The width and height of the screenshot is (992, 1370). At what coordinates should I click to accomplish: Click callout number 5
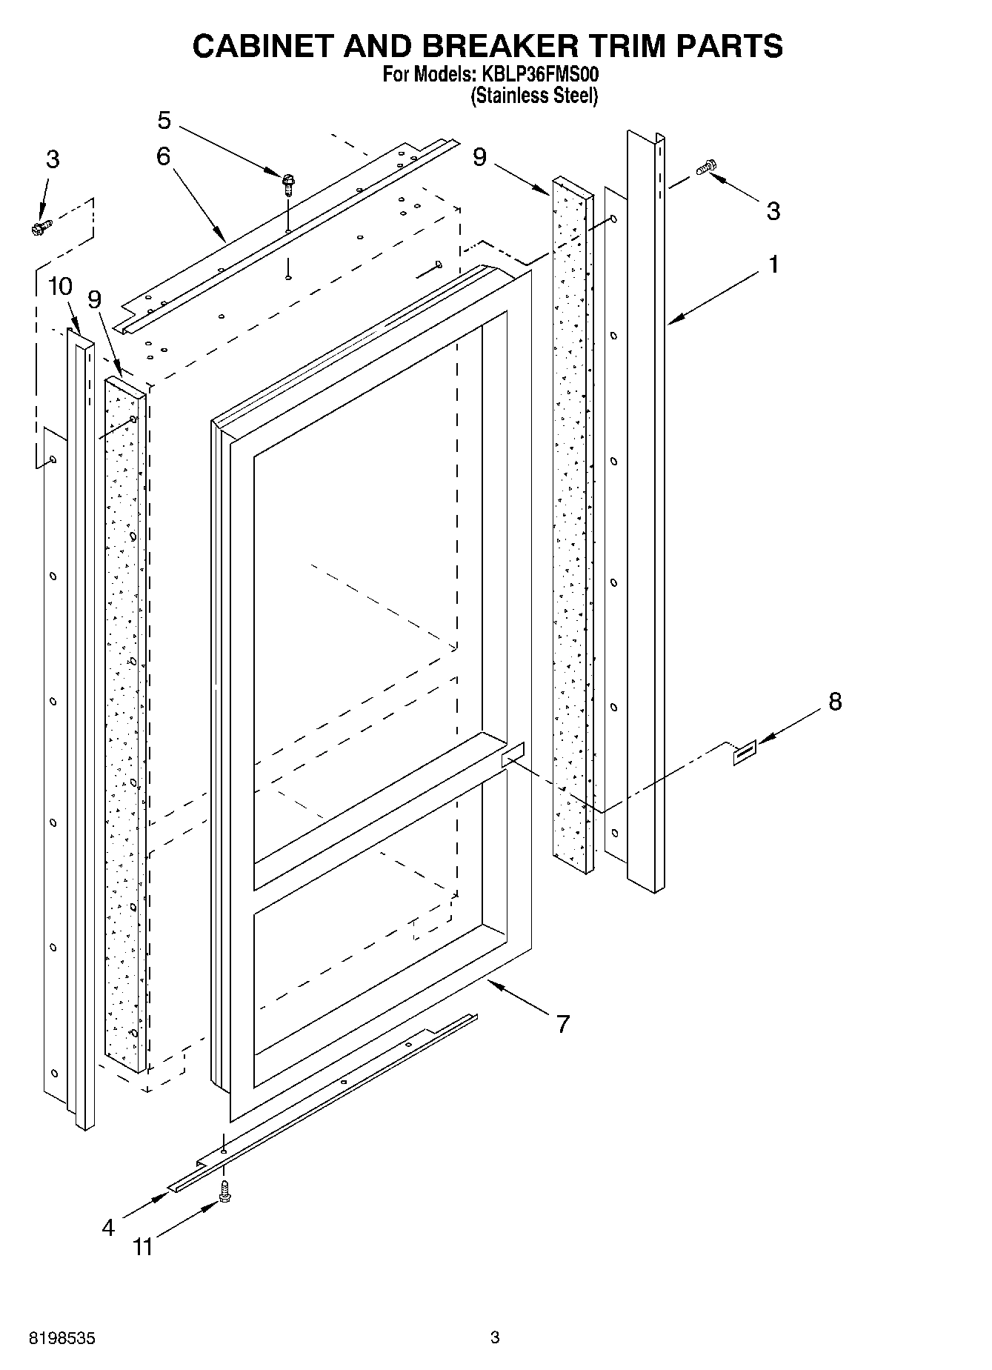[x=164, y=120]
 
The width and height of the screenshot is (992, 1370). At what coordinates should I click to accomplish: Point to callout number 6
[x=163, y=156]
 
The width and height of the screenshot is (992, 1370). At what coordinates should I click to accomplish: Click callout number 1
[x=773, y=265]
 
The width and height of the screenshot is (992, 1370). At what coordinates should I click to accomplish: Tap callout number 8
[x=835, y=701]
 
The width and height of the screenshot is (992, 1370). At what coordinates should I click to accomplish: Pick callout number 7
[x=563, y=1024]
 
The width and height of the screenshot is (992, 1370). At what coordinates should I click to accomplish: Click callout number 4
[x=108, y=1228]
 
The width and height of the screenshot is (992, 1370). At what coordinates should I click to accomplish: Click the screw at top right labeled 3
[x=707, y=168]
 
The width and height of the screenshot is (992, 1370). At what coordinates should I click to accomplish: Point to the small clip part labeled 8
[x=745, y=752]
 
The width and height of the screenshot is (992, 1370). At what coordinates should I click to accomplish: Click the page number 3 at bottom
[x=495, y=1337]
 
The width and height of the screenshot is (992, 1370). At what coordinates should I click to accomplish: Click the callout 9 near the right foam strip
[x=480, y=157]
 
